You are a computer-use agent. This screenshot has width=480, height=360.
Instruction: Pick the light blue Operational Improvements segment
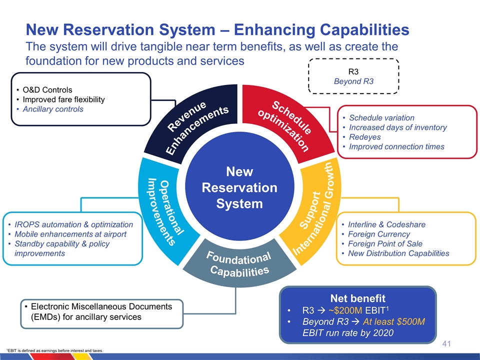point(162,210)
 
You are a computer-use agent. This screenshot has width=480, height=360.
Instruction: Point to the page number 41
point(447,344)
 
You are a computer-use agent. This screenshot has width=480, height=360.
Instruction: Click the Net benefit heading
point(357,298)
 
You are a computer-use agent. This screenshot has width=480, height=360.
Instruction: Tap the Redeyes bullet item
point(364,137)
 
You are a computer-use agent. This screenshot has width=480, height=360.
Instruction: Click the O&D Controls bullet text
point(51,90)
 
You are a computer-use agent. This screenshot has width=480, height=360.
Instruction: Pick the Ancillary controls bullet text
point(56,109)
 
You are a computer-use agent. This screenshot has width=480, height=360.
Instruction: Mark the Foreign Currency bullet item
point(378,234)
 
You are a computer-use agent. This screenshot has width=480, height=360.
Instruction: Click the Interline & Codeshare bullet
point(386,224)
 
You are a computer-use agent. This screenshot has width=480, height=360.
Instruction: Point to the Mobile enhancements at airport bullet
point(70,234)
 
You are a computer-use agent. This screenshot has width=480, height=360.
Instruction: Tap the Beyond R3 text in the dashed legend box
point(354,81)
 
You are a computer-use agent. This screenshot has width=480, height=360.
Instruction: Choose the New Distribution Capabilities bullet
point(398,253)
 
